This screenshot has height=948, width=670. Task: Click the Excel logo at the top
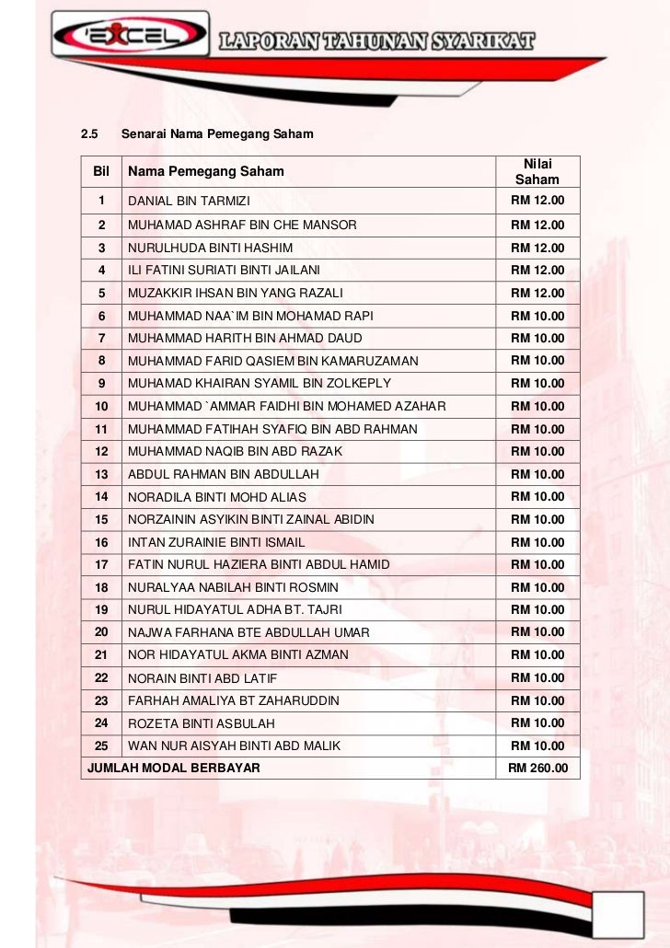[x=129, y=38]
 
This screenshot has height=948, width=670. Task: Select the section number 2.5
[x=89, y=134]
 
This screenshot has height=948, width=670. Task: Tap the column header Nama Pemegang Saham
[x=206, y=171]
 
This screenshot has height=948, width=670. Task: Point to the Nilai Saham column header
[x=537, y=171]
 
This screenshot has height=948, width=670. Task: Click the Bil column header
[x=101, y=171]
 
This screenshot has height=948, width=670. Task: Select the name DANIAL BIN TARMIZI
[x=189, y=202]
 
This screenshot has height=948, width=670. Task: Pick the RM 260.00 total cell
[x=538, y=768]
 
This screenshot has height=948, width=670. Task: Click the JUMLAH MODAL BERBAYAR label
[x=173, y=768]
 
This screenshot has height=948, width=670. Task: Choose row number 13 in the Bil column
[x=101, y=474]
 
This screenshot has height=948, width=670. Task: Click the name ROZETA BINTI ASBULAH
[x=201, y=723]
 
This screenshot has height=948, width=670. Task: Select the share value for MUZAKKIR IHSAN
[x=538, y=293]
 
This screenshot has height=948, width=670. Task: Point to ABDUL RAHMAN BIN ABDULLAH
[x=223, y=474]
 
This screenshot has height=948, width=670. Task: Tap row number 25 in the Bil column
[x=101, y=746]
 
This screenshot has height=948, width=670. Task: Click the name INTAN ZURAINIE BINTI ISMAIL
[x=215, y=542]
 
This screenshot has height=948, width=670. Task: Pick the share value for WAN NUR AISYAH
[x=538, y=746]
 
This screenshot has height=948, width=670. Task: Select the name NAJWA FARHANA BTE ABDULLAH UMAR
[x=248, y=632]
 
